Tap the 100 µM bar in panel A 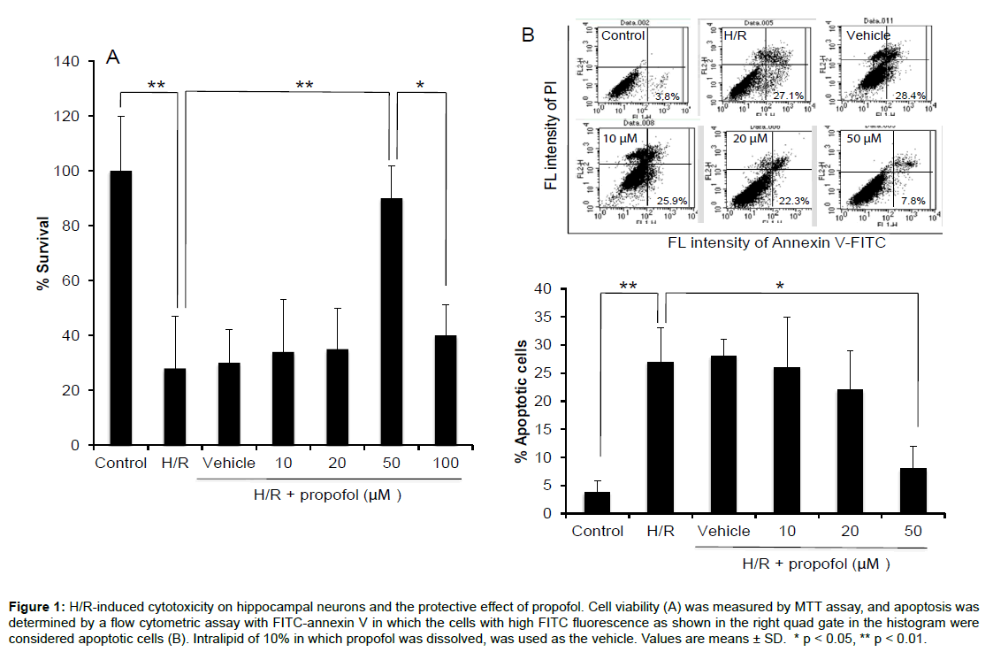coord(445,390)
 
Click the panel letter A coord(112,58)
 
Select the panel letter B coord(528,35)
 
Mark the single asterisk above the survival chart coord(420,86)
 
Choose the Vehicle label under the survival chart coord(229,463)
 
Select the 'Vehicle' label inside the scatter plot coord(867,35)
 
